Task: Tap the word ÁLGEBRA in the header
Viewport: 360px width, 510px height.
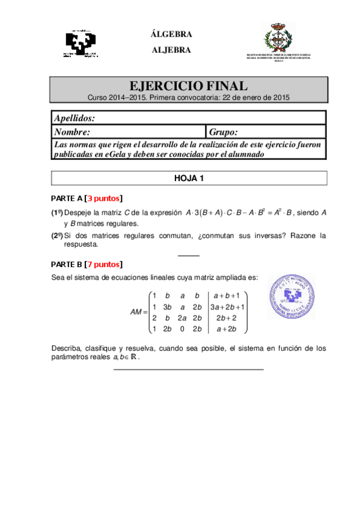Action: tap(171, 34)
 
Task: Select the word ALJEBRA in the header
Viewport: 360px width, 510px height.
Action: tap(171, 50)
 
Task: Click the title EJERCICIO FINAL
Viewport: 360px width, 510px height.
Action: tap(188, 86)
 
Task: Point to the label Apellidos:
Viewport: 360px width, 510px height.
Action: tap(75, 118)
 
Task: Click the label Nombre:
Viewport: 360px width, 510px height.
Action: tap(72, 132)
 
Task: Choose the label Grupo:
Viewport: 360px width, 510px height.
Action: tap(224, 132)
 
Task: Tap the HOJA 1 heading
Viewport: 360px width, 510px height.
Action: tap(189, 178)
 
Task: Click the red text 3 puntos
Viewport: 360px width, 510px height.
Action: tap(105, 198)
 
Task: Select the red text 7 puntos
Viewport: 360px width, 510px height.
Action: tap(105, 264)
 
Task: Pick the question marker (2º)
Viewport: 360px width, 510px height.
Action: tap(56, 236)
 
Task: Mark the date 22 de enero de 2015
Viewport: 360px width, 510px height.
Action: tap(256, 96)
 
